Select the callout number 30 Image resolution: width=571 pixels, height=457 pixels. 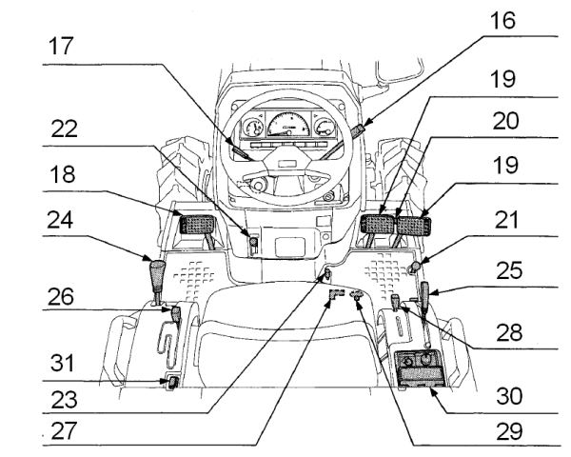515,392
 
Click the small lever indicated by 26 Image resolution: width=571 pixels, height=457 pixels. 176,310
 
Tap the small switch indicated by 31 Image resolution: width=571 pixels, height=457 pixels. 172,385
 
